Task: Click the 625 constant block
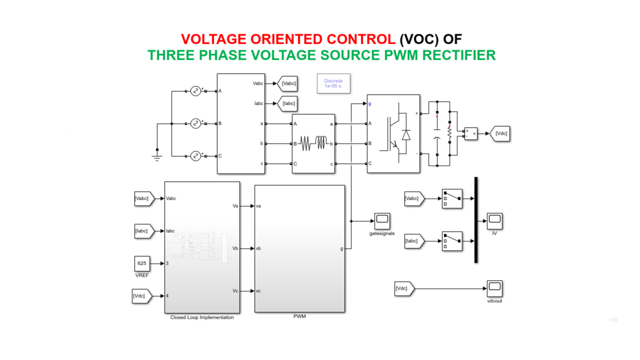(142, 263)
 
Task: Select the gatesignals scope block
(382, 221)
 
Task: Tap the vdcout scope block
(495, 289)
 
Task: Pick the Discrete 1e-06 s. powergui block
(334, 83)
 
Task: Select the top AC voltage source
(196, 91)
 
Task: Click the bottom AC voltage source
(196, 155)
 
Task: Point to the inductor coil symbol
(314, 144)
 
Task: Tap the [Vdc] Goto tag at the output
(501, 133)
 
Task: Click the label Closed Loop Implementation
(202, 317)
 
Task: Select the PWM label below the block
(299, 317)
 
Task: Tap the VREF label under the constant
(142, 275)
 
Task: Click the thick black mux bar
(476, 220)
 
